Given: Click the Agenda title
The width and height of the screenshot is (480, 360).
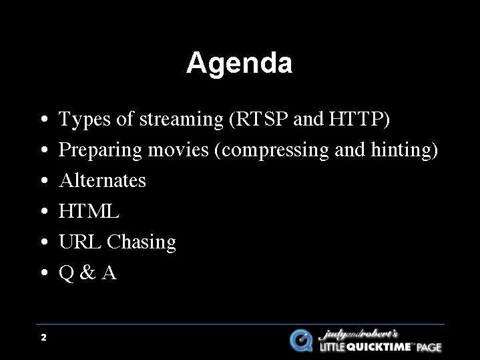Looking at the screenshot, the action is tap(240, 63).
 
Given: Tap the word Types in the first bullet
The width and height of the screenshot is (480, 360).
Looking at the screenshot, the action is tap(84, 119).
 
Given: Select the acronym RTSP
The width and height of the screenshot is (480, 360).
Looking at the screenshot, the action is tap(262, 118).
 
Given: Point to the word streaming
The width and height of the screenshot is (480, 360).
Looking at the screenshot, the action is tap(182, 120).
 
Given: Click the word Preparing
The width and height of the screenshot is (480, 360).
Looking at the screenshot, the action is tap(100, 150).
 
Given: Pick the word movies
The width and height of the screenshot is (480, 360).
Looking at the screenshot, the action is tap(178, 150).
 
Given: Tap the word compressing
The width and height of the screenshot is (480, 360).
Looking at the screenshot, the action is tap(275, 151).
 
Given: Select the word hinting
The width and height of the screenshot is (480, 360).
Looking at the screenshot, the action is tap(401, 150).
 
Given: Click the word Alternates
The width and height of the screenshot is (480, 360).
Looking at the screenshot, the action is tap(103, 180).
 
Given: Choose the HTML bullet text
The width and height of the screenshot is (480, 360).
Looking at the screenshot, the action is tap(89, 211).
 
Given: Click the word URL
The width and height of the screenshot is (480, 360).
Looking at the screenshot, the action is tap(79, 241).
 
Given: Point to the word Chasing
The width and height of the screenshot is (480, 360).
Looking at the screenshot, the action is tap(142, 242).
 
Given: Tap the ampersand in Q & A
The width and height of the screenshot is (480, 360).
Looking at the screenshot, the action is tap(87, 272).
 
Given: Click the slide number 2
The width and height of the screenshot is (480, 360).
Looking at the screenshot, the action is tap(44, 337).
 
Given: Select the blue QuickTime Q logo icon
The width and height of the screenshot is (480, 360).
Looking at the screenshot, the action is tap(301, 340).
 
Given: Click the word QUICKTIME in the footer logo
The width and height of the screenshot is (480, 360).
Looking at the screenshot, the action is tap(380, 347).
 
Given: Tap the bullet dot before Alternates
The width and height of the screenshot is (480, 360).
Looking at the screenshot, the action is tap(44, 180).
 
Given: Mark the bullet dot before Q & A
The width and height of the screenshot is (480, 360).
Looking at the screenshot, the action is tap(44, 272).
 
